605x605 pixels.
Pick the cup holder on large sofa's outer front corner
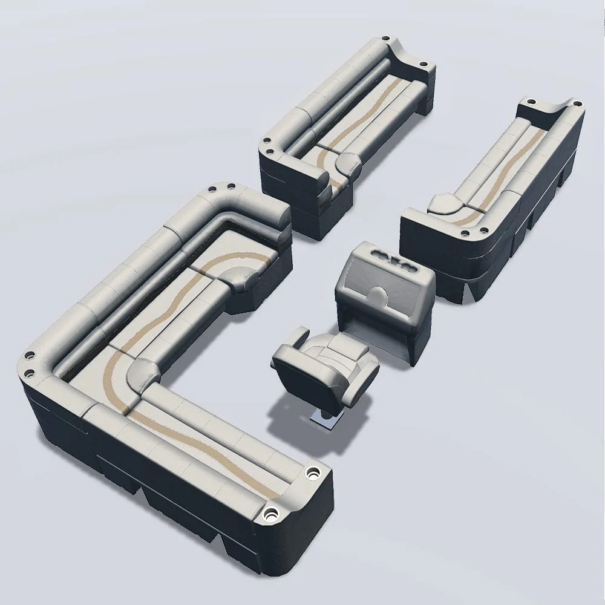tap(270, 516)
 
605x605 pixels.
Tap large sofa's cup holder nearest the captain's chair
tap(313, 473)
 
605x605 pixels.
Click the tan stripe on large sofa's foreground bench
tap(200, 442)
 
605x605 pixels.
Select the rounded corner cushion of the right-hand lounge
tap(446, 203)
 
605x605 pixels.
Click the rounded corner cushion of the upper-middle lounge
tap(347, 162)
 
